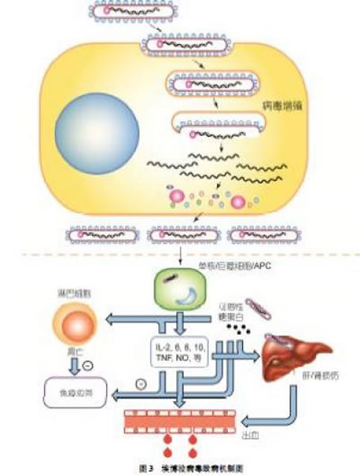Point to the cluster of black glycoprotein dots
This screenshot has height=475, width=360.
[234, 327]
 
